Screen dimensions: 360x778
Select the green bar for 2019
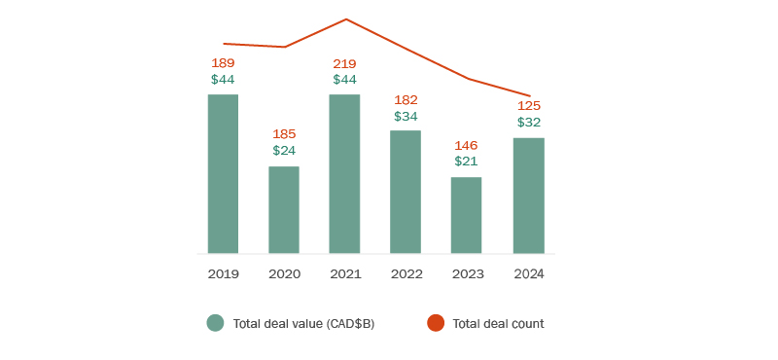tap(223, 174)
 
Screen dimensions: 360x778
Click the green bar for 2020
tap(284, 210)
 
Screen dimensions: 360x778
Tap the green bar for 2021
tap(345, 174)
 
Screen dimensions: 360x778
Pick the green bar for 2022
tap(406, 192)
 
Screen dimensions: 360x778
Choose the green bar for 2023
tap(466, 215)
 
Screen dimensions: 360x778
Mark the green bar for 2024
tap(529, 196)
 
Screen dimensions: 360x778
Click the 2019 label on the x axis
tap(223, 274)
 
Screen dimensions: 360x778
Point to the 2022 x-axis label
tap(406, 274)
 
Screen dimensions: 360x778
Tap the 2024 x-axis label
tap(529, 274)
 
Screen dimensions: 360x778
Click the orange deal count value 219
tap(345, 63)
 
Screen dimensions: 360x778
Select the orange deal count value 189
tap(223, 63)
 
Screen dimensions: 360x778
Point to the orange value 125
tap(529, 105)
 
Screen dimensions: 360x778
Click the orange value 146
tap(466, 145)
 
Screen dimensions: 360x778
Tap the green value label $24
tap(284, 151)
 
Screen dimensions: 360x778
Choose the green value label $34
tap(406, 116)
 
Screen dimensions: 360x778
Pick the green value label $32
tap(529, 123)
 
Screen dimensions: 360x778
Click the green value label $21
tap(466, 162)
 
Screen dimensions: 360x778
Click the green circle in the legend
tap(215, 323)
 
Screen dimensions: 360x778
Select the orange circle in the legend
tap(435, 323)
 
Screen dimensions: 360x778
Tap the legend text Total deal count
tap(498, 324)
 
